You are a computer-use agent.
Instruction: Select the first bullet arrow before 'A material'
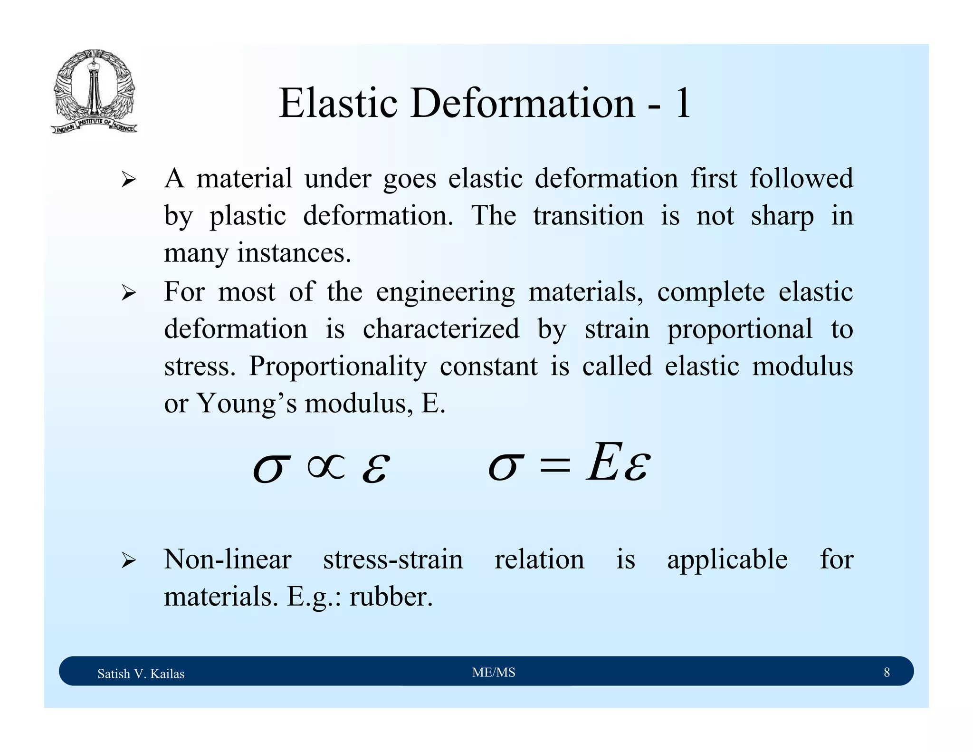click(128, 180)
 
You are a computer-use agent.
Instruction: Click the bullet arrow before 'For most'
click(128, 293)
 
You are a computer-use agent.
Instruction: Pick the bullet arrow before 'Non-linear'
click(128, 560)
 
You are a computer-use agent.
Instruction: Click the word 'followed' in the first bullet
click(801, 178)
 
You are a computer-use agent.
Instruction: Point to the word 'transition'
click(588, 215)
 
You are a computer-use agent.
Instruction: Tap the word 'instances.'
click(294, 252)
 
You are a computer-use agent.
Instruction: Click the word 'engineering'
click(445, 291)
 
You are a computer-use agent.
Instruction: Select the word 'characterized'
click(441, 329)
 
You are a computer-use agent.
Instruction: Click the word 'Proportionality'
click(338, 366)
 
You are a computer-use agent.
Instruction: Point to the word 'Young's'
click(247, 404)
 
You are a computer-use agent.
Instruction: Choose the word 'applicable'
click(727, 559)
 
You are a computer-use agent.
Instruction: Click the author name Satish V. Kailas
click(141, 674)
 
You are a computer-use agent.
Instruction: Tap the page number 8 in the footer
click(887, 672)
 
